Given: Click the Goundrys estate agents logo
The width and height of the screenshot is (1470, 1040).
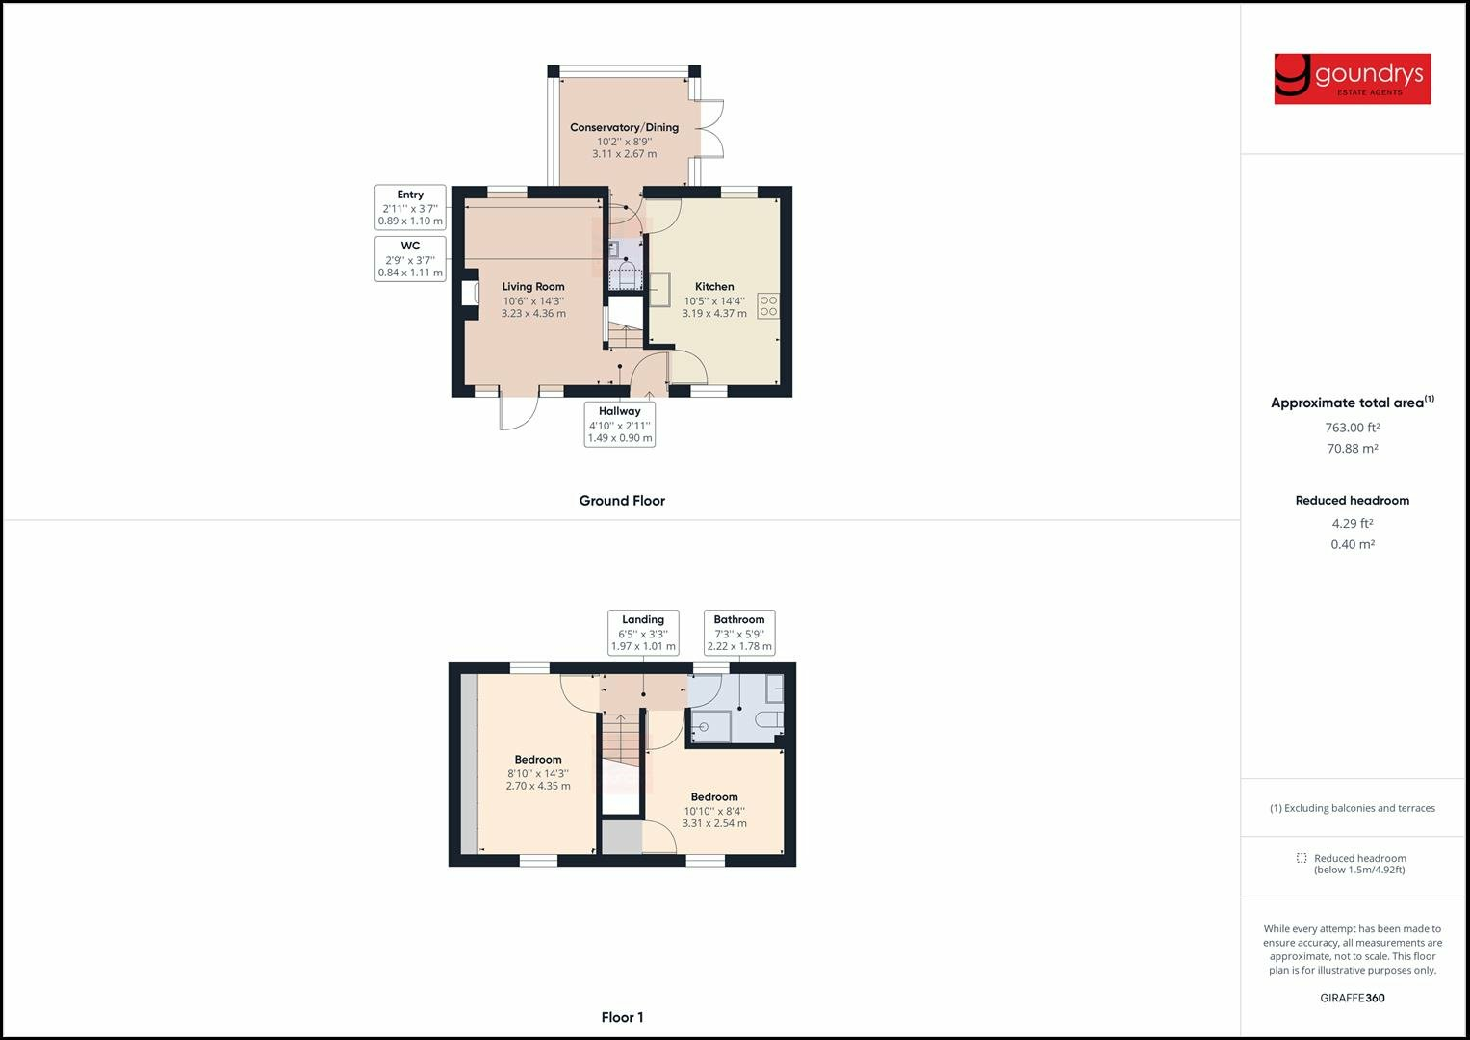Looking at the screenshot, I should click(x=1352, y=78).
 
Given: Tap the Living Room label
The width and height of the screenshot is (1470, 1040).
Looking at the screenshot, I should click(x=533, y=287).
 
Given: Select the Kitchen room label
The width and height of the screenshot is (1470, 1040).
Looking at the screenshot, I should click(x=714, y=287).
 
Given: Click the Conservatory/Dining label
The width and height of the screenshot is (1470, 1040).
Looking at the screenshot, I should click(x=624, y=127).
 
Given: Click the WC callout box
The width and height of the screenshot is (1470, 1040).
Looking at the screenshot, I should click(x=410, y=259).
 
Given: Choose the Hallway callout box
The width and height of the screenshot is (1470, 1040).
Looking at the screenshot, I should click(x=620, y=425).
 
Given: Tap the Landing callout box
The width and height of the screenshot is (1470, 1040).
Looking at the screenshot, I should click(x=643, y=633).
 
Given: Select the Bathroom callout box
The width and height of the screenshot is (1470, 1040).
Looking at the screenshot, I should click(x=739, y=633).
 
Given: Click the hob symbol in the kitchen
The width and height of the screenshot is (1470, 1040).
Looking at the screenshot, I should click(x=768, y=306).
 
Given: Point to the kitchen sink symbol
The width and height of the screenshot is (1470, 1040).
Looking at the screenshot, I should click(x=661, y=289).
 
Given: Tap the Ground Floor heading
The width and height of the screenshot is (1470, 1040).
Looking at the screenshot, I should click(x=622, y=501).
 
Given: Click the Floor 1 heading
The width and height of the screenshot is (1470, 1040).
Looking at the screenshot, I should click(x=622, y=1017).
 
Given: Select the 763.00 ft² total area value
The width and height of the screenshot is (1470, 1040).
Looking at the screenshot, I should click(x=1353, y=428).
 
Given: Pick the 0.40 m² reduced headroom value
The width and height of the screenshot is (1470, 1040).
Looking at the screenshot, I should click(x=1353, y=544).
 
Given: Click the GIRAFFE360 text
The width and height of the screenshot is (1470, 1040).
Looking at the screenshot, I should click(x=1352, y=998).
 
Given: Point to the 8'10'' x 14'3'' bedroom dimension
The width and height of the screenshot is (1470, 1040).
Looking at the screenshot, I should click(x=538, y=772).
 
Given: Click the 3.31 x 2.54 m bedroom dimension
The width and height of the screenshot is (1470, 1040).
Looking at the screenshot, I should click(x=714, y=823).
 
